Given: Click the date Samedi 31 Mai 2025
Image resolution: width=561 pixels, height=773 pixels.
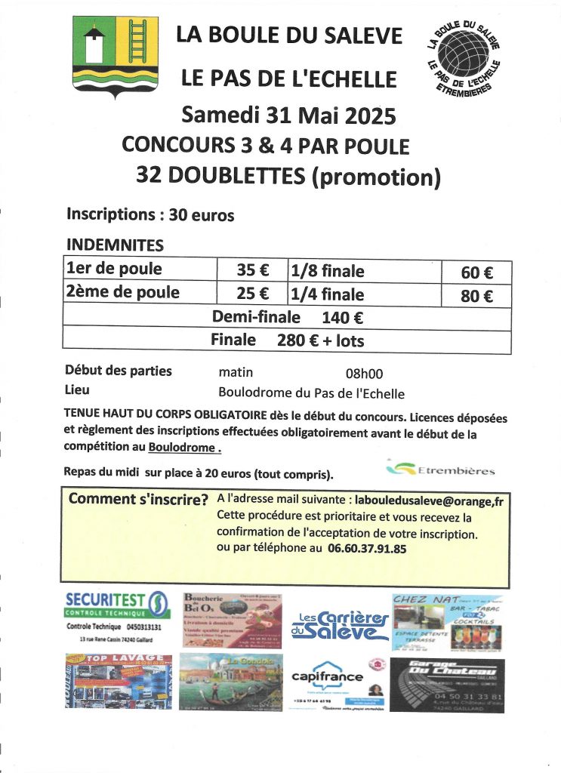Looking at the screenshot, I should pos(288,115).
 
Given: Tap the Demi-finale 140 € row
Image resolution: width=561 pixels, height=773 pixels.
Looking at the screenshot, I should pos(287,318).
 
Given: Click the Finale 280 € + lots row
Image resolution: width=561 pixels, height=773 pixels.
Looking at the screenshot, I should pos(287,340).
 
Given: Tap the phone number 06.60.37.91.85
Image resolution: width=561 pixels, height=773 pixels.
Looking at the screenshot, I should pos(367,549).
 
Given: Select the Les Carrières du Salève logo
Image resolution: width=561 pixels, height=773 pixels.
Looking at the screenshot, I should pos(340,624).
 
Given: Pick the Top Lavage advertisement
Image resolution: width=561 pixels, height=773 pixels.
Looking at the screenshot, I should pos(118,681).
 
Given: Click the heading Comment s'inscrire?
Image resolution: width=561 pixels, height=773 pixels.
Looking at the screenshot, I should pos(138,499).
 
